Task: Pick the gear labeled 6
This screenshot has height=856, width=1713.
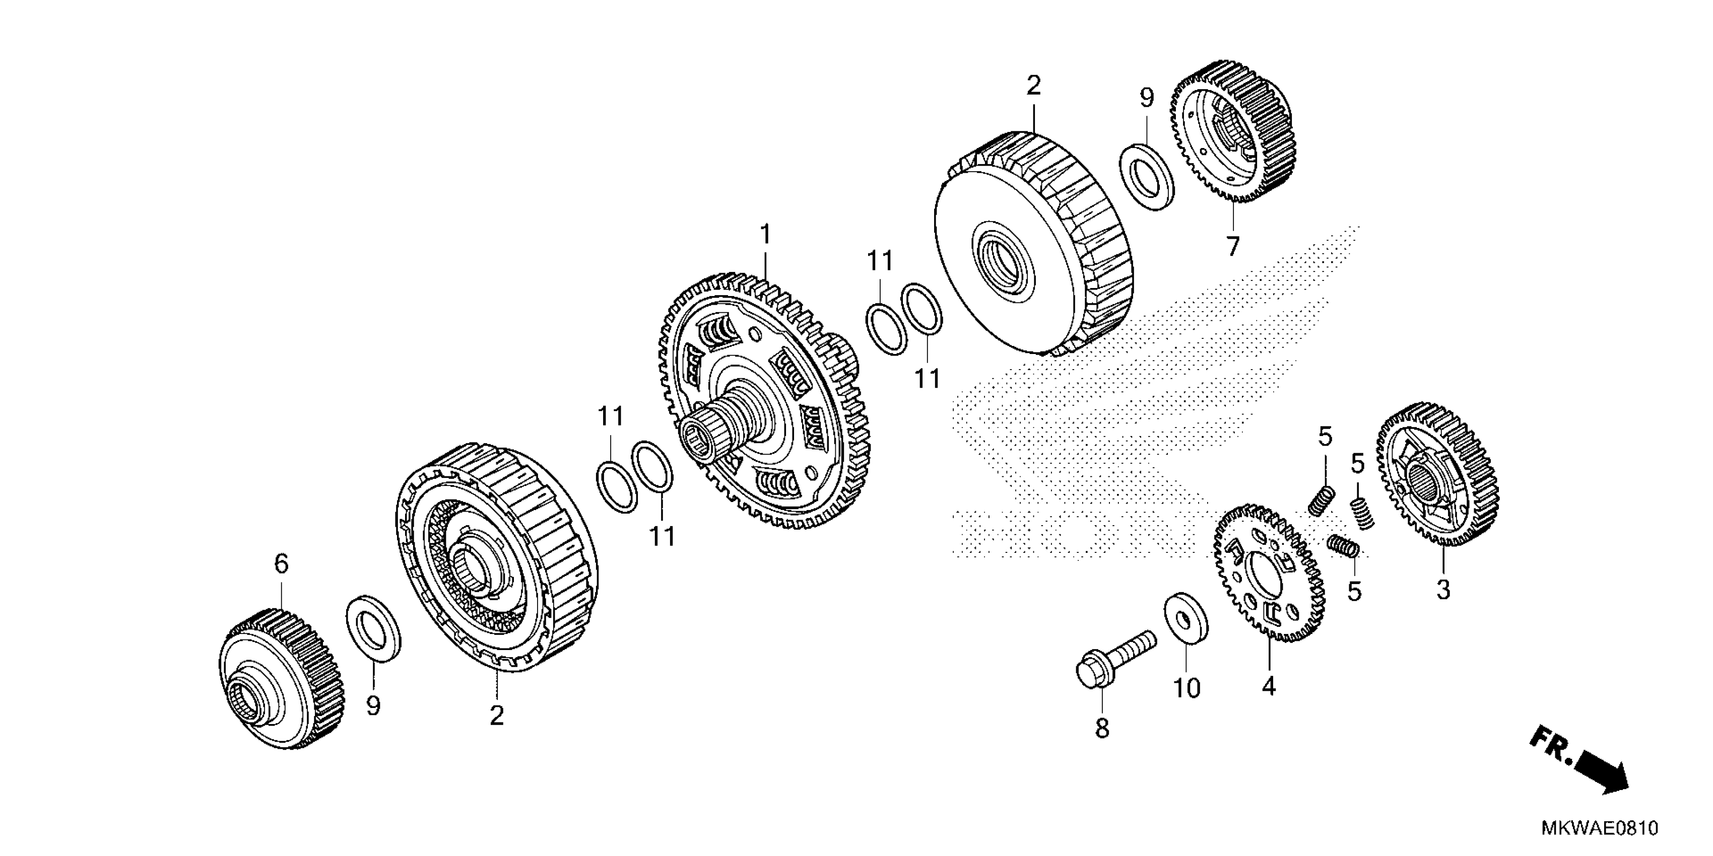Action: (282, 677)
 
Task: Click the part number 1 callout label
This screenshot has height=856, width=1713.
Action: (765, 235)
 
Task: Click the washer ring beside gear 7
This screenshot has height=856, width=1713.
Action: (1147, 177)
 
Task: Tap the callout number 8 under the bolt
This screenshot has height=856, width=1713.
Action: (1102, 729)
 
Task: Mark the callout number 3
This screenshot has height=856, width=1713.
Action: (1443, 589)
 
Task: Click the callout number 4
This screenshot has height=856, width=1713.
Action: (1269, 686)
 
